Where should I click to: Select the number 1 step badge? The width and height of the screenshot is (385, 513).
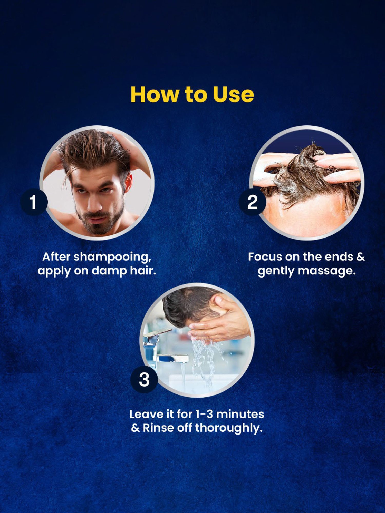[34, 202]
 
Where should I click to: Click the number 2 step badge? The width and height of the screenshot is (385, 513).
[252, 202]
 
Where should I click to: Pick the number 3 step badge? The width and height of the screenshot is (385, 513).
[144, 380]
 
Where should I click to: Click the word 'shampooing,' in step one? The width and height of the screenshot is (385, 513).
[112, 257]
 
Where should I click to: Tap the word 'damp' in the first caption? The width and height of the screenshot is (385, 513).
[109, 271]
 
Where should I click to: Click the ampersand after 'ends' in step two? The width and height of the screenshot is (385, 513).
[360, 257]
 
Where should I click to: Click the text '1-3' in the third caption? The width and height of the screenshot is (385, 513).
[204, 414]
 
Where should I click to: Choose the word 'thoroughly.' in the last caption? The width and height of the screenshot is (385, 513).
[229, 428]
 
